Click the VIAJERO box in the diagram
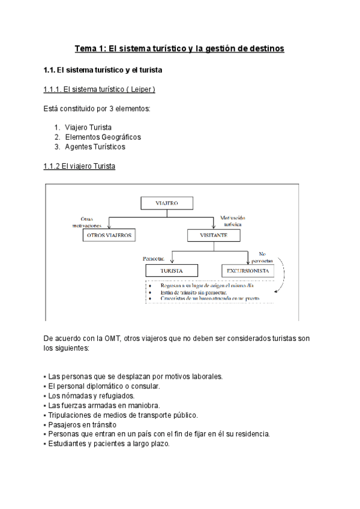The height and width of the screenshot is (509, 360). [x=167, y=203]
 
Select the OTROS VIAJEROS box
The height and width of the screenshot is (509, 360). [x=109, y=235]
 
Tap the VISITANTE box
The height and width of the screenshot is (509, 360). [x=214, y=235]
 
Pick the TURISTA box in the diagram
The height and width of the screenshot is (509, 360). [x=172, y=271]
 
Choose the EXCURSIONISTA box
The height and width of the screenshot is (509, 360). [x=247, y=271]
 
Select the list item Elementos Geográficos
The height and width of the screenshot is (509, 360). [x=103, y=137]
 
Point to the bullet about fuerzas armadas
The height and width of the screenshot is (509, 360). [x=95, y=405]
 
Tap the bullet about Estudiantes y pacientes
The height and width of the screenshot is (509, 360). [x=108, y=444]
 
